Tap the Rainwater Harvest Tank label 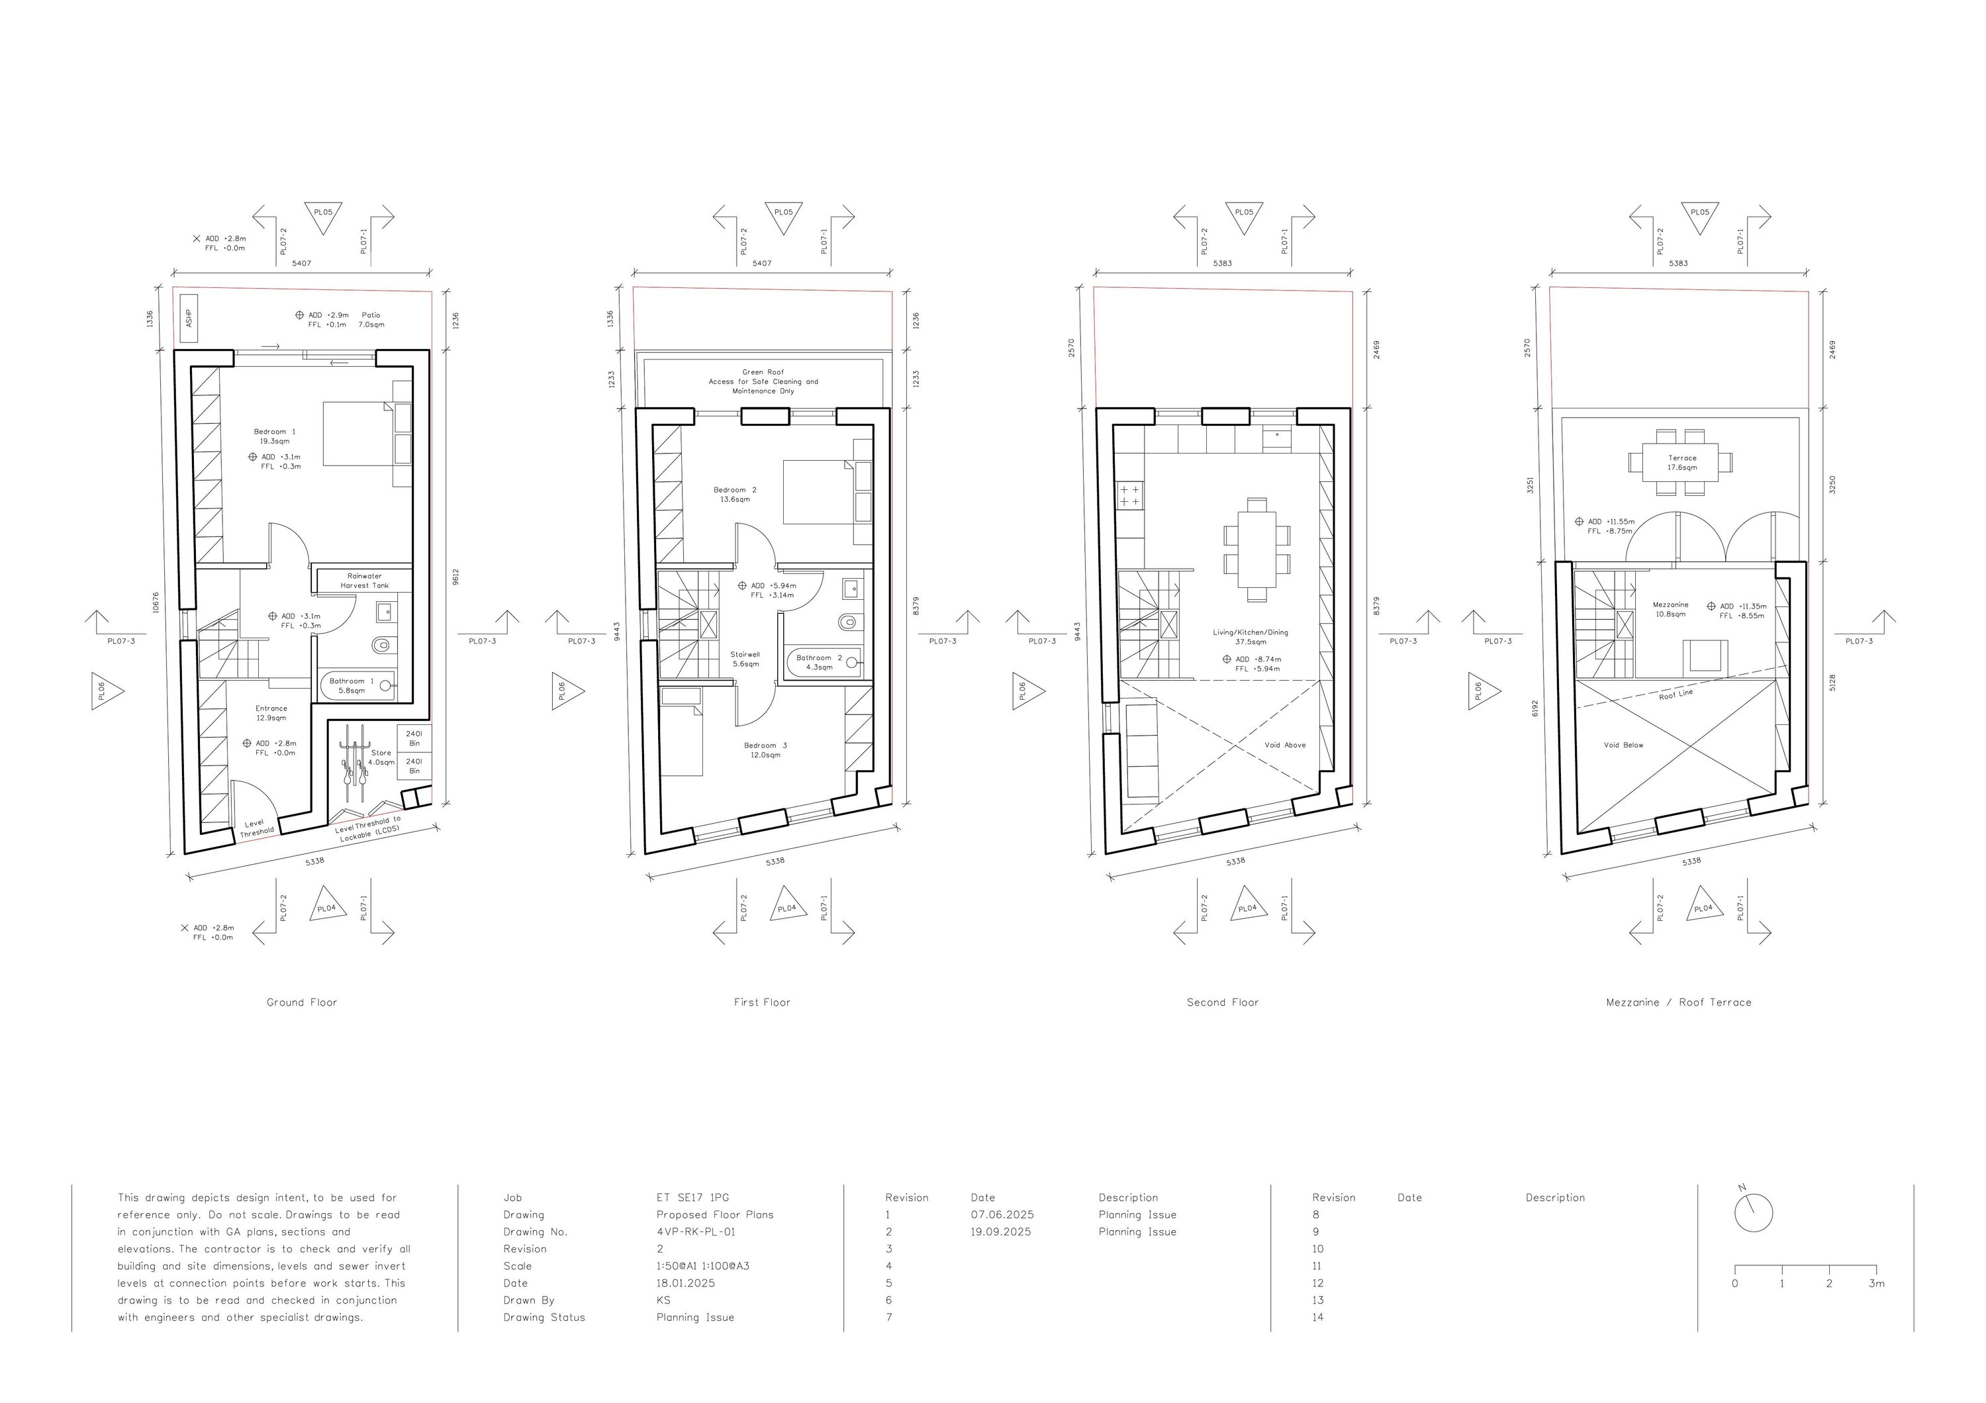[364, 581]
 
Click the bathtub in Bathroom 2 [824, 663]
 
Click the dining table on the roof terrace [1681, 463]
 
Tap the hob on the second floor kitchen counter [1129, 496]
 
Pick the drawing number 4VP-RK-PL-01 [696, 1232]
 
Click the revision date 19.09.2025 [1002, 1232]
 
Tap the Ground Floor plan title [302, 1002]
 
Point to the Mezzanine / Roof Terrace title [1679, 1002]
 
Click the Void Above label [1286, 745]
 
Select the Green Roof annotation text [763, 381]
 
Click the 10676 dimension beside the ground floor [155, 603]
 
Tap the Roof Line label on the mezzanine [1676, 695]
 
